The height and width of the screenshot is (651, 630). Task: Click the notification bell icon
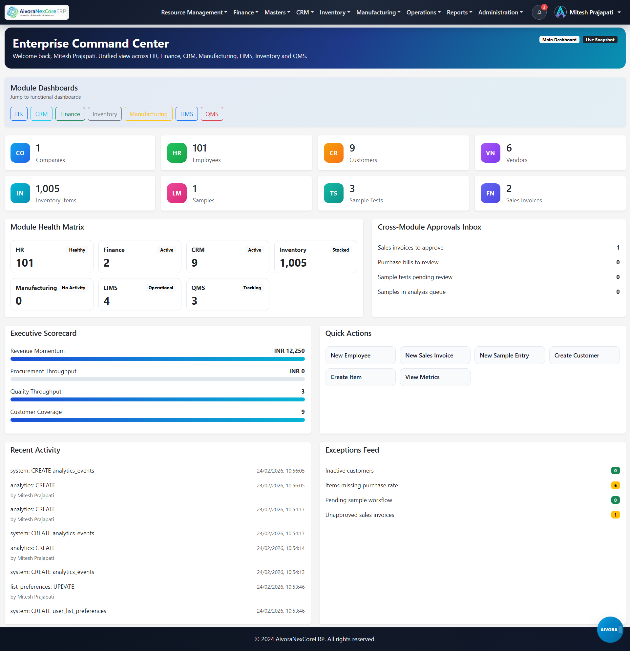(539, 12)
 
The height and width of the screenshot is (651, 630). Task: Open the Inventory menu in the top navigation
(335, 12)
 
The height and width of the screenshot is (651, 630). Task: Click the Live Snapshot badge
(600, 40)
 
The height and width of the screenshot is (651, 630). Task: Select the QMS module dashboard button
(212, 114)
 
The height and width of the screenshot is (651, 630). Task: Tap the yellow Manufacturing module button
(148, 114)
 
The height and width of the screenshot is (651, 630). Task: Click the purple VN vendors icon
(490, 153)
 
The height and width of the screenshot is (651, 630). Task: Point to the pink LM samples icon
(177, 193)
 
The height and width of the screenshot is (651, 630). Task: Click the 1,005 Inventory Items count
(48, 189)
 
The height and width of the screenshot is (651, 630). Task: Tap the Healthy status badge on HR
(77, 250)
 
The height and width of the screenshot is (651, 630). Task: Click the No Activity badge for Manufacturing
(73, 288)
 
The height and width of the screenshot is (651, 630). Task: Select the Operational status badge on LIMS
(161, 288)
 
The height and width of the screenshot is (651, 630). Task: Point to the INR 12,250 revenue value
(289, 351)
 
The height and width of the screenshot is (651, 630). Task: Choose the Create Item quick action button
(360, 377)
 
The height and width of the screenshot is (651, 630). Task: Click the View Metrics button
(435, 377)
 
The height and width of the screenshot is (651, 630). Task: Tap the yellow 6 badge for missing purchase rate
(615, 485)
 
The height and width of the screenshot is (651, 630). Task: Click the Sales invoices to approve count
(618, 248)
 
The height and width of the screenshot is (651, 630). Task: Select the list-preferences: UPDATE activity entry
(42, 587)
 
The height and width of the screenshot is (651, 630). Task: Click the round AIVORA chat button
(609, 629)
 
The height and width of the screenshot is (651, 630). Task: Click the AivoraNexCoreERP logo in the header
(37, 12)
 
